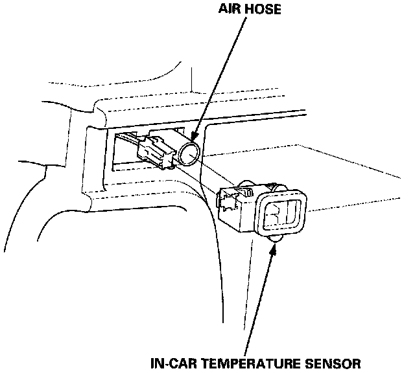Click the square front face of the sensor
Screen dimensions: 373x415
tap(281, 216)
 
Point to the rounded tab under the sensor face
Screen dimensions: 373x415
tap(275, 240)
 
